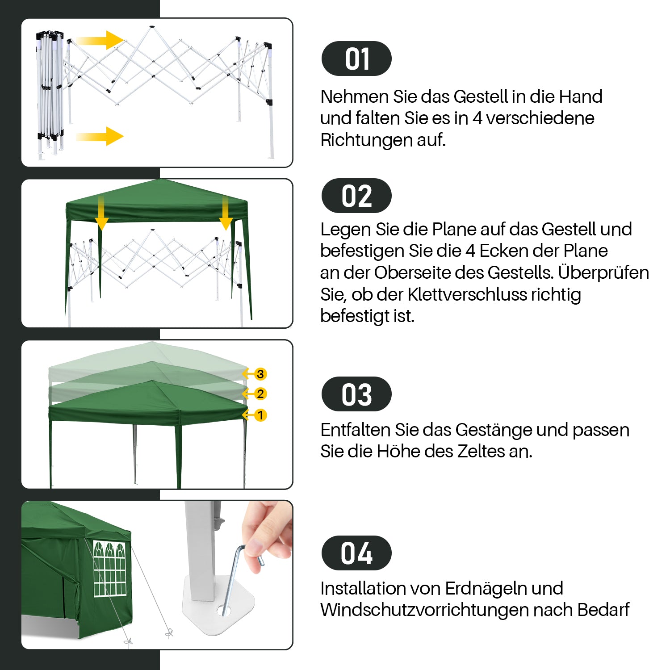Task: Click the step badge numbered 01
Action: tap(356, 59)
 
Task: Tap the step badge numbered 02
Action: tap(356, 196)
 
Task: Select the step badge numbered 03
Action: tap(356, 394)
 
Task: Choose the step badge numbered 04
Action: tap(356, 553)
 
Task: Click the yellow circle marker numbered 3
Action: tap(260, 374)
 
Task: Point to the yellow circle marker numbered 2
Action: tap(260, 394)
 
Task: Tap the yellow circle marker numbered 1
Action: tap(260, 415)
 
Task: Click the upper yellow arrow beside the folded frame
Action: tap(100, 40)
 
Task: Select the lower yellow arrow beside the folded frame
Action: tap(100, 136)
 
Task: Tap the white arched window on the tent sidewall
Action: tap(110, 569)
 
